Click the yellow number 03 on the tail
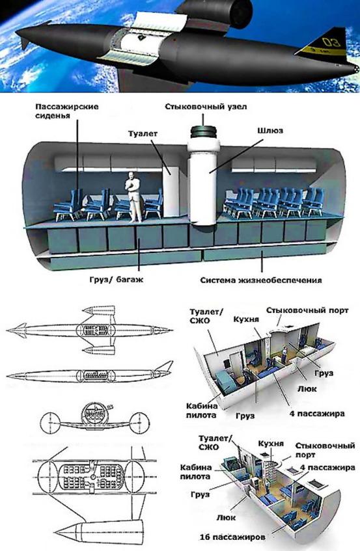331,42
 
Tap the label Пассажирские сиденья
66,111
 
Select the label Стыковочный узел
206,106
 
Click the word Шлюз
270,131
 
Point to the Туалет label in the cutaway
143,133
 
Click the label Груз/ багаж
116,280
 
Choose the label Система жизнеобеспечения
261,280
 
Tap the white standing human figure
133,196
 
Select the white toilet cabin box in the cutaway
172,191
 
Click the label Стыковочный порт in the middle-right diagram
307,310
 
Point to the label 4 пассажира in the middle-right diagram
317,413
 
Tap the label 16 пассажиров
232,537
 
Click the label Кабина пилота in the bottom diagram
196,472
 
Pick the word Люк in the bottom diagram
226,517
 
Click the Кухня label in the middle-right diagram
246,319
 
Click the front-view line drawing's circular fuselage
95,414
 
